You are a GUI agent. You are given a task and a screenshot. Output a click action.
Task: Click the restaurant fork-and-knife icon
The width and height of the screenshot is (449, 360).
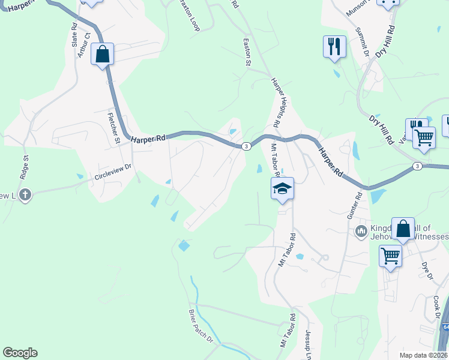pyautogui.click(x=334, y=46)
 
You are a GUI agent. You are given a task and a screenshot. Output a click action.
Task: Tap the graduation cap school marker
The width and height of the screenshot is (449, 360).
pyautogui.click(x=282, y=189)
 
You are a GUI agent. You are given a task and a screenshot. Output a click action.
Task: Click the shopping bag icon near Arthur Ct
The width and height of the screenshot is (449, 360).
pyautogui.click(x=103, y=54)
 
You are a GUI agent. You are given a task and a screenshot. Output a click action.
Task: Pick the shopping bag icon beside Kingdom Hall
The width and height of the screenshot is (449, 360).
pyautogui.click(x=403, y=229)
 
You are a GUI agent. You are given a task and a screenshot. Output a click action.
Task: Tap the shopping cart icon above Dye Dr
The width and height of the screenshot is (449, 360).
pyautogui.click(x=390, y=256)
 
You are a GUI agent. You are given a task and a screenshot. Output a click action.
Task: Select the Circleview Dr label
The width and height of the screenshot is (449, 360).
pyautogui.click(x=112, y=172)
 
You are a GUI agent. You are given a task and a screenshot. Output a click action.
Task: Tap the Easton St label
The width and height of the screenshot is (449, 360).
pyautogui.click(x=246, y=53)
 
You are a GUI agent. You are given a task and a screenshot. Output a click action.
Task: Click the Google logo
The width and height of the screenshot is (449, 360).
pyautogui.click(x=20, y=353)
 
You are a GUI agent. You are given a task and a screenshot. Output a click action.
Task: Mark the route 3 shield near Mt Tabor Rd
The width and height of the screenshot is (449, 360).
pyautogui.click(x=246, y=146)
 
